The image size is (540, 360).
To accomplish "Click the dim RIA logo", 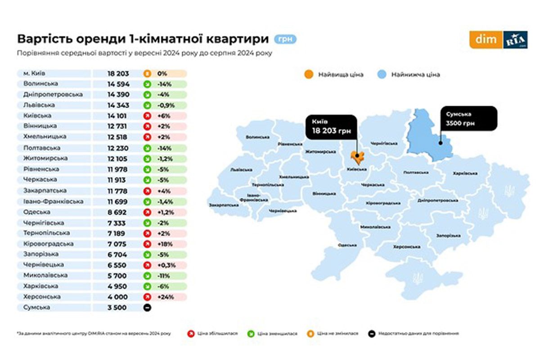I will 498,40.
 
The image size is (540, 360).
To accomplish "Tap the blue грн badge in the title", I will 285,39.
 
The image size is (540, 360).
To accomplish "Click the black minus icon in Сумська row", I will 147,308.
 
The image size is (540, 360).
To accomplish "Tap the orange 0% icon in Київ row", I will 147,73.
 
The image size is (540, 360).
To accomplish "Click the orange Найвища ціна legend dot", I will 309,74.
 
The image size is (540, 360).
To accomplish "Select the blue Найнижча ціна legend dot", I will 383,74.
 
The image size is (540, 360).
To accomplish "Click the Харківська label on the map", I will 464,173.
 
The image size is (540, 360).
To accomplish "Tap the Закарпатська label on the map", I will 224,205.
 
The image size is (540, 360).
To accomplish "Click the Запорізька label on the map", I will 448,235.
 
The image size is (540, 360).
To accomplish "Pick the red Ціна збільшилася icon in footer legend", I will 190,333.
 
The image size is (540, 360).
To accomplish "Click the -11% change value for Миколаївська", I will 164,276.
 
